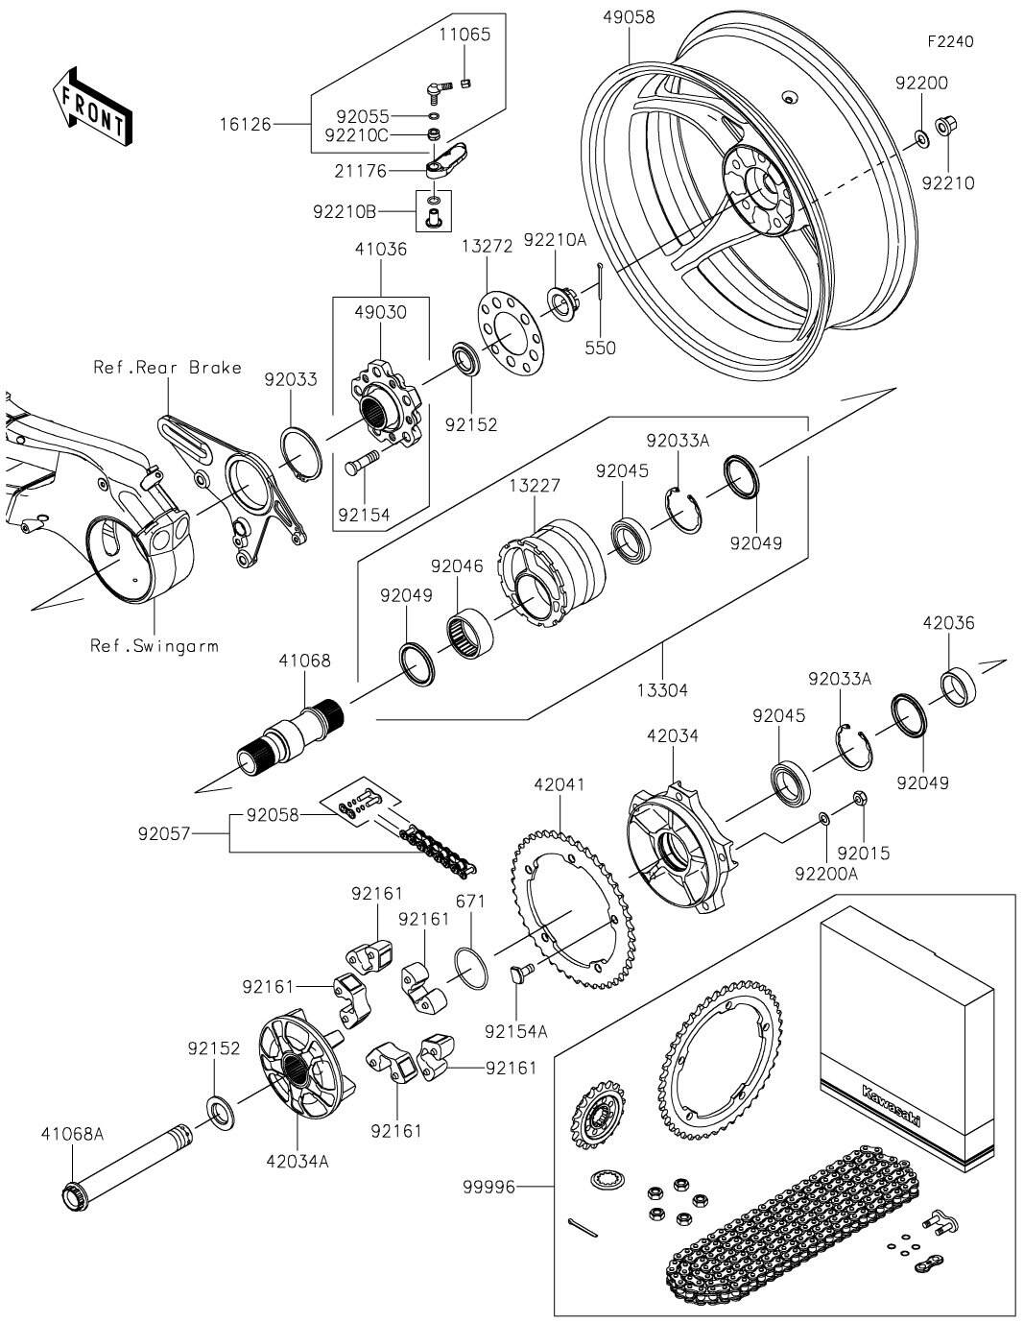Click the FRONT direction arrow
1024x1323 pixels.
(x=92, y=106)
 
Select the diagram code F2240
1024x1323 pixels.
(x=950, y=42)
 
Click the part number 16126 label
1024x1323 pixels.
(x=244, y=125)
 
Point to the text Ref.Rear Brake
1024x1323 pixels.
(x=167, y=368)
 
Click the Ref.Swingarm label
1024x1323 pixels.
(x=154, y=645)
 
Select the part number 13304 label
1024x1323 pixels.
(x=662, y=689)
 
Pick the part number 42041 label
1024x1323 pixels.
(x=559, y=784)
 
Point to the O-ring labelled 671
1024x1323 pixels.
(x=471, y=964)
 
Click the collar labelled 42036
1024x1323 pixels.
(x=959, y=685)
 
